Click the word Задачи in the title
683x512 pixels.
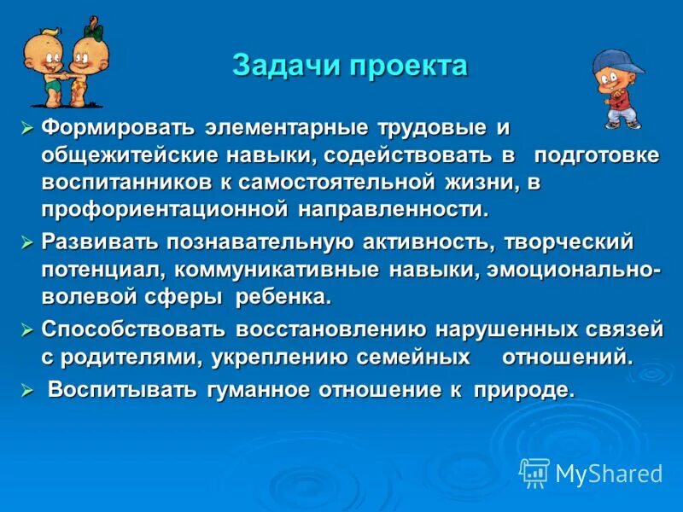[x=283, y=67]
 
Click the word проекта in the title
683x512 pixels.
[x=407, y=67]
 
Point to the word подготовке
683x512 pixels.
[x=597, y=155]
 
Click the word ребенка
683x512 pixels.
[x=285, y=297]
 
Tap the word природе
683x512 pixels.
[x=530, y=390]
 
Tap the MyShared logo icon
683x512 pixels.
[x=534, y=473]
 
